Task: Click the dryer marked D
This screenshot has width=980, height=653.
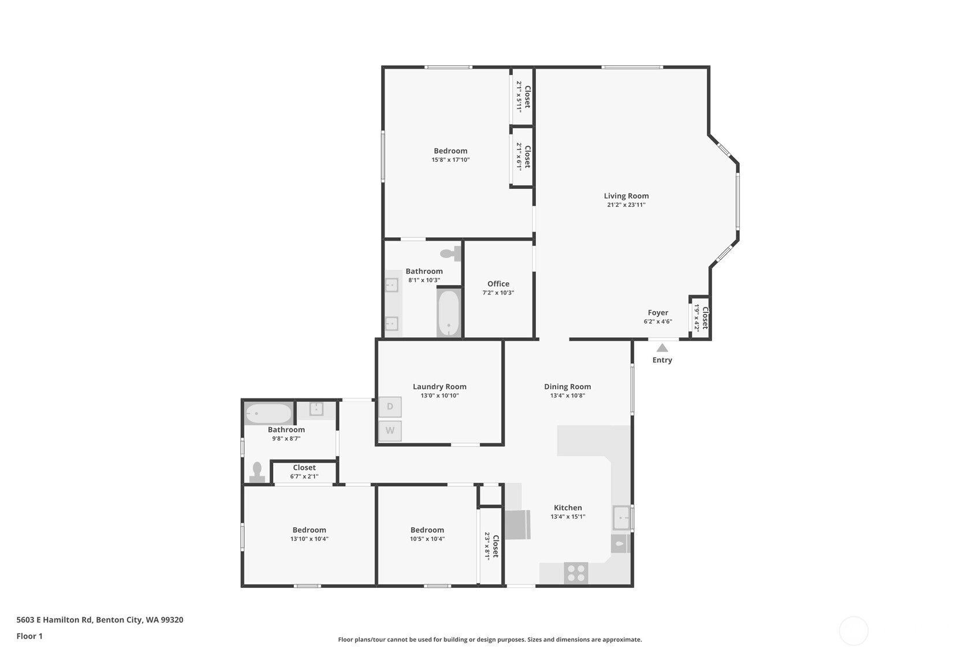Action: pyautogui.click(x=390, y=407)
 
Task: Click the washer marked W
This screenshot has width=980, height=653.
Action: pyautogui.click(x=390, y=430)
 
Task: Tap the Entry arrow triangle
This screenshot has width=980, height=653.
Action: pyautogui.click(x=662, y=348)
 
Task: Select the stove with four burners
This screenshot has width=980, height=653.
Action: pyautogui.click(x=576, y=573)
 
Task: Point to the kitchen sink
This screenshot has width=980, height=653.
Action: pyautogui.click(x=621, y=518)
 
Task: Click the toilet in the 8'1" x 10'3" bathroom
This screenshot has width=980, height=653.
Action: pyautogui.click(x=450, y=253)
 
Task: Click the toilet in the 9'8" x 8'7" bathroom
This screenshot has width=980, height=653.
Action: pyautogui.click(x=257, y=472)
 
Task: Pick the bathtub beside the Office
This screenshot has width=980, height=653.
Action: pyautogui.click(x=449, y=313)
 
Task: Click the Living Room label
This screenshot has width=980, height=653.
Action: pyautogui.click(x=626, y=196)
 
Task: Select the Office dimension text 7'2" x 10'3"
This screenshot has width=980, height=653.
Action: pyautogui.click(x=498, y=293)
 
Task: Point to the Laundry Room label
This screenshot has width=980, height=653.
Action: pyautogui.click(x=439, y=387)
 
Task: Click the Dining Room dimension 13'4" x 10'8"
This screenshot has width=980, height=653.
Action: pyautogui.click(x=568, y=395)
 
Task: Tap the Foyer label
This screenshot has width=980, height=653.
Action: pyautogui.click(x=658, y=313)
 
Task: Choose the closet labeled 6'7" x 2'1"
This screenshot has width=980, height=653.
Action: pyautogui.click(x=304, y=472)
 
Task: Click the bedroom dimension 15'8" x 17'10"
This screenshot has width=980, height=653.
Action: pyautogui.click(x=450, y=160)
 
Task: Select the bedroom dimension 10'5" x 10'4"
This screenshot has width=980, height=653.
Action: pyautogui.click(x=427, y=539)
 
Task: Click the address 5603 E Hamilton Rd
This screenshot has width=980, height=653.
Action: pyautogui.click(x=54, y=620)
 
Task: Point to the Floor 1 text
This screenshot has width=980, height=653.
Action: pyautogui.click(x=29, y=636)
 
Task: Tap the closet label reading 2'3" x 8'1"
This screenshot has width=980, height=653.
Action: pyautogui.click(x=487, y=546)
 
